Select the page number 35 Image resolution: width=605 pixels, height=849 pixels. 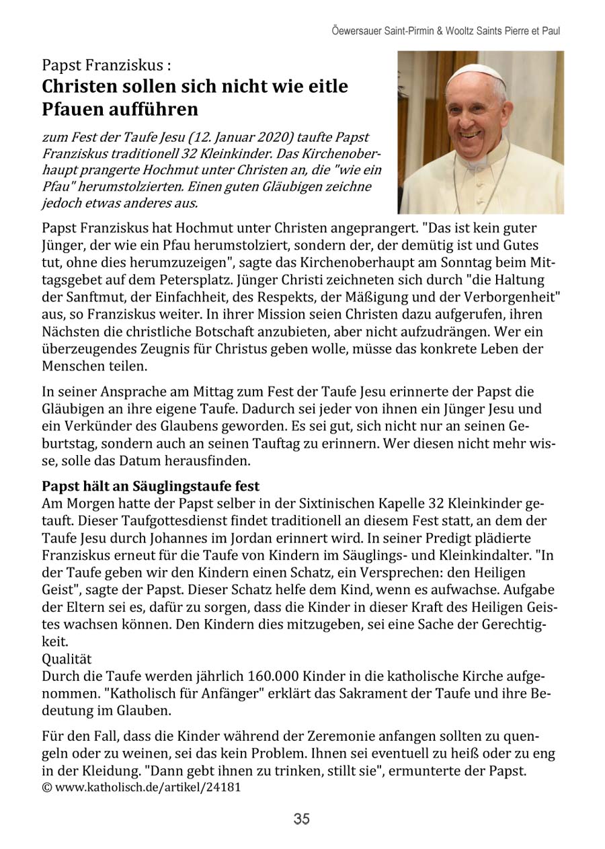(x=301, y=819)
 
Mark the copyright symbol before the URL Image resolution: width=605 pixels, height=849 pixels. (x=46, y=786)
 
